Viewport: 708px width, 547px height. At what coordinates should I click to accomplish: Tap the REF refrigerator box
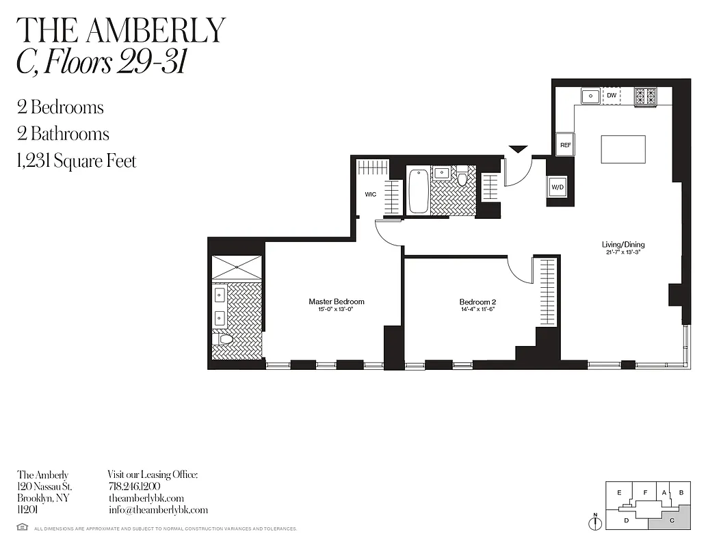click(x=565, y=144)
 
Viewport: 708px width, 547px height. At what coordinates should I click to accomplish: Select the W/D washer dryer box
click(x=558, y=187)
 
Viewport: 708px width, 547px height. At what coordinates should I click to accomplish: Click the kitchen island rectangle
click(x=622, y=149)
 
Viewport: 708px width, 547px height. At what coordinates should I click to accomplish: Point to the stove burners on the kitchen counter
click(x=644, y=96)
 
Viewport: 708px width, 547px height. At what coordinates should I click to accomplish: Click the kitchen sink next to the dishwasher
click(x=591, y=96)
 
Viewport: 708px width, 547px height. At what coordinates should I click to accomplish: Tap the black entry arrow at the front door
click(x=518, y=148)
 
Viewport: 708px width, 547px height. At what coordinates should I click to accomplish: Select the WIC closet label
click(x=370, y=195)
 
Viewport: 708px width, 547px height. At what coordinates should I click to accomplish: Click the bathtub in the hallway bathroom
click(x=418, y=191)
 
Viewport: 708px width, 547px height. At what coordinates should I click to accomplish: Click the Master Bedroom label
click(x=336, y=302)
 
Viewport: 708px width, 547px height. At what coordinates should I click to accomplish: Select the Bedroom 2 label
click(x=477, y=302)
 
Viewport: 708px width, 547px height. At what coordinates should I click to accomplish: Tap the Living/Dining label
click(x=622, y=245)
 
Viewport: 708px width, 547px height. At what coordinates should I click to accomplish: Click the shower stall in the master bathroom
click(x=237, y=267)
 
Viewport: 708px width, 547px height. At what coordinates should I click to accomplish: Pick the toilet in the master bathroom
click(x=224, y=339)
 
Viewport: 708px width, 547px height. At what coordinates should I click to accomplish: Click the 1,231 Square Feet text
click(x=77, y=161)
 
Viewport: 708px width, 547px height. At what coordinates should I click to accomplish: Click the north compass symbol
click(x=596, y=522)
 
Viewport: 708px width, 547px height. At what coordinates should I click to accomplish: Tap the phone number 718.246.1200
click(x=134, y=486)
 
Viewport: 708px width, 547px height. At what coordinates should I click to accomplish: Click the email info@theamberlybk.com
click(x=158, y=510)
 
